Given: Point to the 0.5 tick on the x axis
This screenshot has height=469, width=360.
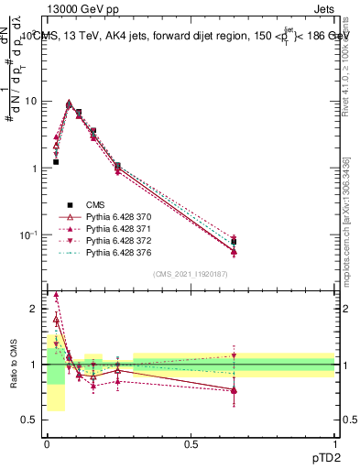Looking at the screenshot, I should [191, 443].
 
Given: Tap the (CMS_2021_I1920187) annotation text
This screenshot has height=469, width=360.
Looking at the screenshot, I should [190, 273].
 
